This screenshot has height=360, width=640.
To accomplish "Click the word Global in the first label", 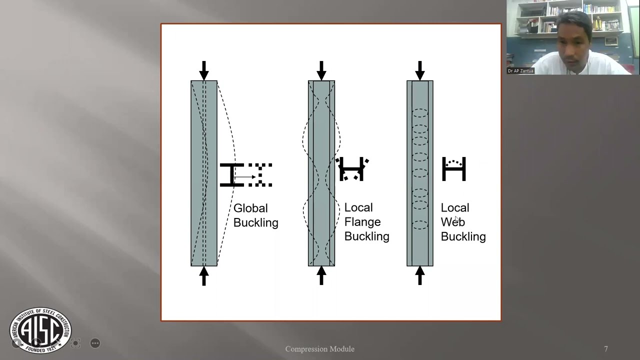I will pyautogui.click(x=250, y=208).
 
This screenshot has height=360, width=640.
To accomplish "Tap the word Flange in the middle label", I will pyautogui.click(x=362, y=221).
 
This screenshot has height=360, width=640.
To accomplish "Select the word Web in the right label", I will pyautogui.click(x=452, y=221).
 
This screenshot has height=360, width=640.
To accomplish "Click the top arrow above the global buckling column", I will pyautogui.click(x=204, y=70).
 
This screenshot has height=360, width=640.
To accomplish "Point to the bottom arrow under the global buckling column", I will pyautogui.click(x=204, y=275).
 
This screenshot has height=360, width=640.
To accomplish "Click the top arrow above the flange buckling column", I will pyautogui.click(x=321, y=70).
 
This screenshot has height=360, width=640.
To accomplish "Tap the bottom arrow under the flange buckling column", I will pyautogui.click(x=321, y=275).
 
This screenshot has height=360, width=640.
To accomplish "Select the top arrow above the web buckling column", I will pyautogui.click(x=420, y=70).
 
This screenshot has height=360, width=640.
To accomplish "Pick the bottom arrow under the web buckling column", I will pyautogui.click(x=420, y=275).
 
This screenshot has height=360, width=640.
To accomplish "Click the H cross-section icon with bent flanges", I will pyautogui.click(x=352, y=169).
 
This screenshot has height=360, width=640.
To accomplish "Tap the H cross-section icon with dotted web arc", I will pyautogui.click(x=454, y=169).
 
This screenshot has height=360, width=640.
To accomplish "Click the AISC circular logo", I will pyautogui.click(x=40, y=330).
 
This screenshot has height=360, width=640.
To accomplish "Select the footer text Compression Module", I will pyautogui.click(x=320, y=349).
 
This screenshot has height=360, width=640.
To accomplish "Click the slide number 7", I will pyautogui.click(x=606, y=349).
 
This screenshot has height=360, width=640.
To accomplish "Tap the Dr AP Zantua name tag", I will pyautogui.click(x=520, y=71).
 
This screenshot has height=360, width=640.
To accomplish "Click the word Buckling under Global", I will pyautogui.click(x=255, y=222).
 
